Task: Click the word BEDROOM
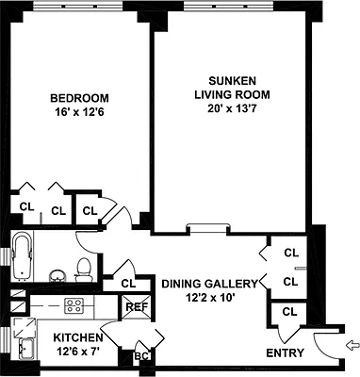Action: pyautogui.click(x=79, y=98)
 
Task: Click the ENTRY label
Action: pyautogui.click(x=286, y=353)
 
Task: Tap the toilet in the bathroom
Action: pyautogui.click(x=84, y=268)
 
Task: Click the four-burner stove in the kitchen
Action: pyautogui.click(x=75, y=305)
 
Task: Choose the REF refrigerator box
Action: pyautogui.click(x=136, y=306)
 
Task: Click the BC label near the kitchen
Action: pyautogui.click(x=142, y=356)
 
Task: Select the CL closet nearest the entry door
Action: pyautogui.click(x=289, y=311)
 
